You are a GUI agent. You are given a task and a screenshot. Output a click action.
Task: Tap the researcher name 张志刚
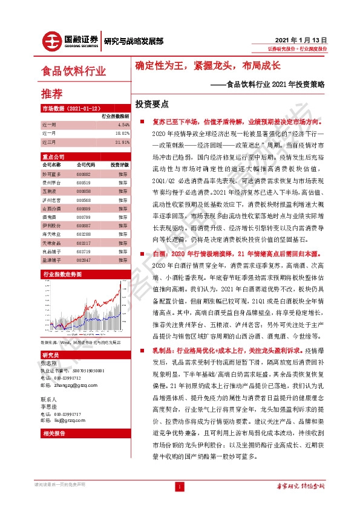(x=49, y=363)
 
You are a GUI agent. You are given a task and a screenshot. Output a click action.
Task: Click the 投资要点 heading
(x=155, y=103)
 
